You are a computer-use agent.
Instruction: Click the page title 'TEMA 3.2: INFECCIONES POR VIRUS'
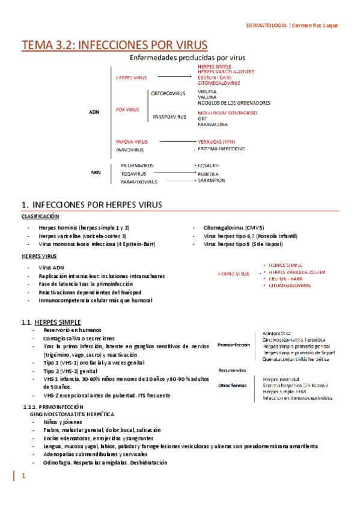[x=114, y=45]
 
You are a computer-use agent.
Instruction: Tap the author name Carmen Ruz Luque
[x=319, y=25]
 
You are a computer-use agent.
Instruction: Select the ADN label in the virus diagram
[x=94, y=111]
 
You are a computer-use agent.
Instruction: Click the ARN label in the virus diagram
[x=96, y=172]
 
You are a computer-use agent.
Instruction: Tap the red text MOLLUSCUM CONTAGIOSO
[x=227, y=112]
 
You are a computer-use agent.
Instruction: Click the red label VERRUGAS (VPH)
[x=216, y=142]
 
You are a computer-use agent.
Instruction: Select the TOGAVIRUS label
[x=134, y=173]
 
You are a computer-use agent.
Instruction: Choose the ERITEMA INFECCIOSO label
[x=221, y=149]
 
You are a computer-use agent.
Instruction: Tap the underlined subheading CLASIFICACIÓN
[x=40, y=216]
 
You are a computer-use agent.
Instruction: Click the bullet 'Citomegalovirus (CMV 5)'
[x=234, y=228]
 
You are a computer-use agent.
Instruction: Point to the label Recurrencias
[x=232, y=370]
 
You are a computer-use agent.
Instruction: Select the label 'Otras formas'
[x=233, y=384]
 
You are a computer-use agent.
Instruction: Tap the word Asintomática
[x=277, y=333]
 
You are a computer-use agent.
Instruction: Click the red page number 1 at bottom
[x=23, y=476]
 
